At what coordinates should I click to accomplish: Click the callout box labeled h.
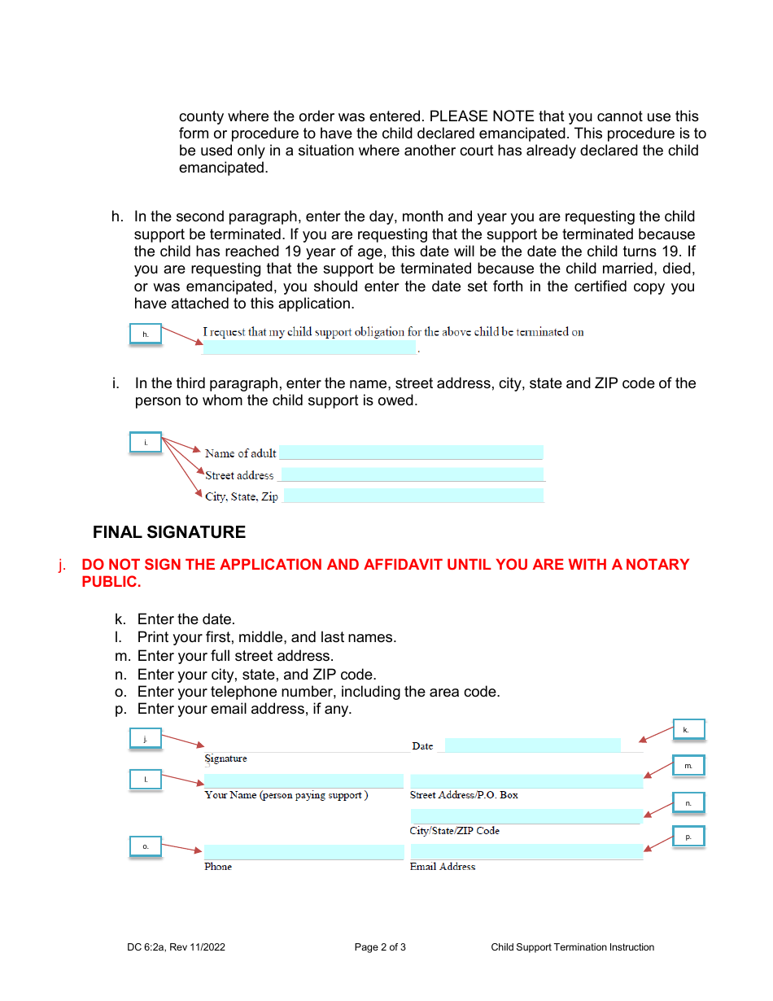pos(146,334)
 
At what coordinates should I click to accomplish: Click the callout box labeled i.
pos(146,443)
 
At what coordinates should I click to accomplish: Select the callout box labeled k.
pos(688,730)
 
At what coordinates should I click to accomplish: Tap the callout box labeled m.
pos(688,766)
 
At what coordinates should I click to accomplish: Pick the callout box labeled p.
pos(688,837)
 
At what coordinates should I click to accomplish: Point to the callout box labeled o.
pos(146,847)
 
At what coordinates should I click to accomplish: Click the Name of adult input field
pos(411,452)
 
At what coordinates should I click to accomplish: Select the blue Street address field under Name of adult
pos(411,474)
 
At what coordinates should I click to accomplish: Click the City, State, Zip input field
pos(413,496)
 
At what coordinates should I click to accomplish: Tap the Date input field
pos(532,745)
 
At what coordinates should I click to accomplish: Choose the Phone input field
pos(304,852)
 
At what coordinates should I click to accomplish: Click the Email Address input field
pos(526,852)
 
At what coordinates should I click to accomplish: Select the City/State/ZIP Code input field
pos(526,816)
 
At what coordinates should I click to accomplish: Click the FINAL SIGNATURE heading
pos(169,532)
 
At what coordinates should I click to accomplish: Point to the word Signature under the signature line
pos(225,758)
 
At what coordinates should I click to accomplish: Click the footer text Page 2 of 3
pos(380,947)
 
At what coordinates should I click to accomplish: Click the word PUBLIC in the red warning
pos(111,582)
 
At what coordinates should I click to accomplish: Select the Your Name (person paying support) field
pos(304,781)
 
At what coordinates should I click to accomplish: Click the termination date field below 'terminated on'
pos(309,348)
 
